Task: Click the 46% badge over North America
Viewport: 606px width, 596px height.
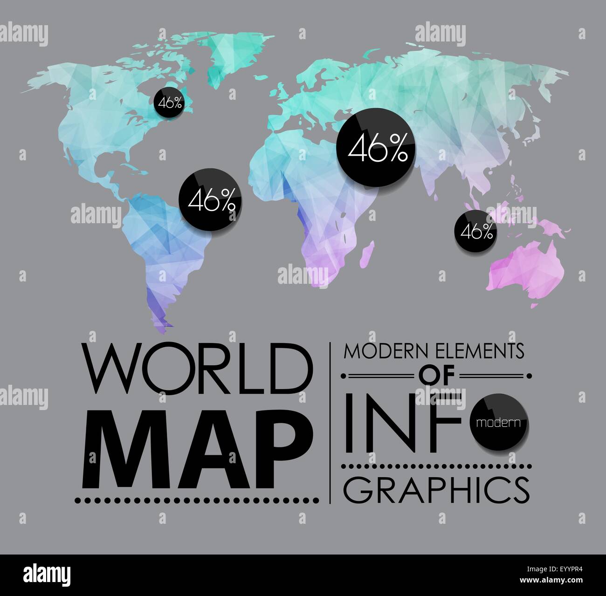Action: tap(170, 103)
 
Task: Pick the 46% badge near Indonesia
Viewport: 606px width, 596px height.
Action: tap(475, 231)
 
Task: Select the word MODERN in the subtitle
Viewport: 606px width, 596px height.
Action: tap(386, 352)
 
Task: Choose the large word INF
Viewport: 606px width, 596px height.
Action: tap(406, 423)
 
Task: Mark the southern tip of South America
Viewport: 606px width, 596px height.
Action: tap(161, 322)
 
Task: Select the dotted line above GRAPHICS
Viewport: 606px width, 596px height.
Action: tap(436, 466)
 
